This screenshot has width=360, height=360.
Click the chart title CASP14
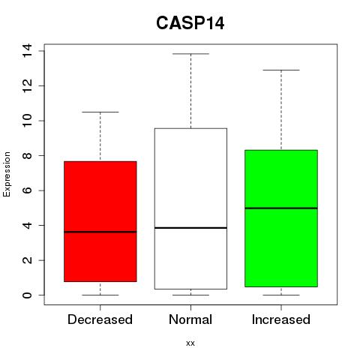[x=190, y=23]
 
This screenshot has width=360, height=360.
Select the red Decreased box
[x=100, y=221]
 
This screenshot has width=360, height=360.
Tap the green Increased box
[x=281, y=218]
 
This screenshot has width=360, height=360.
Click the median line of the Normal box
[x=190, y=228]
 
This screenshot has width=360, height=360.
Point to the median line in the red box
[x=100, y=232]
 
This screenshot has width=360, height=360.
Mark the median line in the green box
[x=281, y=208]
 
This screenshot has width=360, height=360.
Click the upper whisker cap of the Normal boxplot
[x=190, y=54]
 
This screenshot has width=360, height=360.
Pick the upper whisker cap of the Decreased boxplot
[x=100, y=112]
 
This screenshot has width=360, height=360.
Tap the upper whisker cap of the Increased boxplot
[x=281, y=70]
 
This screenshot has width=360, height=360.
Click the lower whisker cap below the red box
[x=100, y=295]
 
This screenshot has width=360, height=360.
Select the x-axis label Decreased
[x=100, y=319]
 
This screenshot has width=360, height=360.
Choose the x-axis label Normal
[x=190, y=319]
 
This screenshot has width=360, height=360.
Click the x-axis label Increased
[x=281, y=319]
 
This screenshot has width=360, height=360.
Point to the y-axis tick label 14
[x=27, y=51]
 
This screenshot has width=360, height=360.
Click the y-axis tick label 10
[x=27, y=121]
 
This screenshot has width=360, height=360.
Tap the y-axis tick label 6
[x=27, y=190]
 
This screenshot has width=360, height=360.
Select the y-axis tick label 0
[x=27, y=295]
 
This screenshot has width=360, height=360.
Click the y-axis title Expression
[x=7, y=174]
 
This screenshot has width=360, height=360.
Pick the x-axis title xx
[x=190, y=343]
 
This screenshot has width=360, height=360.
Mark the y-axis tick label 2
[x=27, y=260]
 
